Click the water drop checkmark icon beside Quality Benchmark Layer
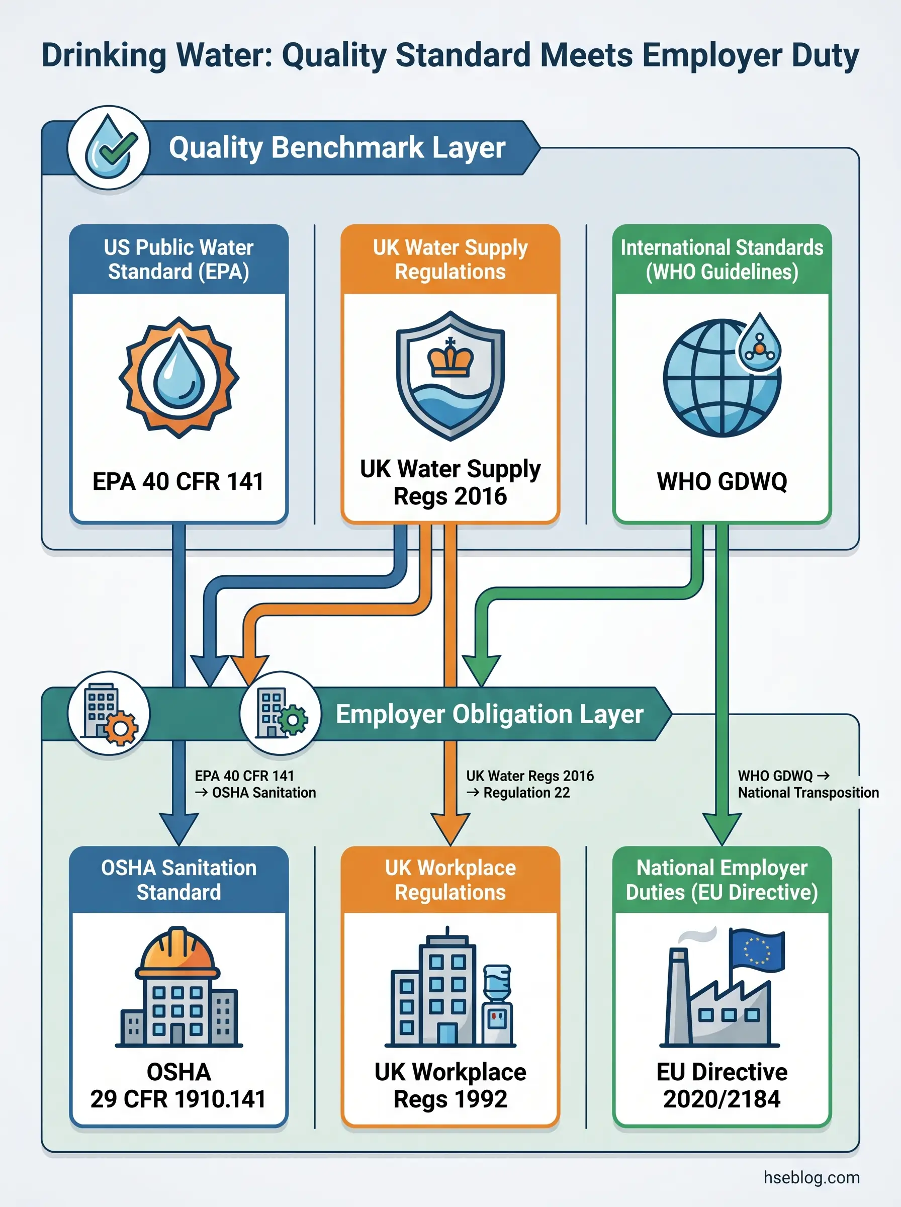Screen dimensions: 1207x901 click(109, 147)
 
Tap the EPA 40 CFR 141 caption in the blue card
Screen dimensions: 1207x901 click(178, 482)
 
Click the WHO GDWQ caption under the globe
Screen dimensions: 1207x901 click(722, 482)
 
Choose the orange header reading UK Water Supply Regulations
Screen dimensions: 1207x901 click(450, 260)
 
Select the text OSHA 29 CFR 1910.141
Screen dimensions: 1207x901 click(178, 1085)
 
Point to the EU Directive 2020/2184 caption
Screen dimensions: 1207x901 click(722, 1085)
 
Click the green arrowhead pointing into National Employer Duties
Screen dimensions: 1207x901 click(722, 828)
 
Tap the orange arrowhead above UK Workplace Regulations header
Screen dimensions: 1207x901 click(450, 828)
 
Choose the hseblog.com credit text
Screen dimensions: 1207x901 click(811, 1177)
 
